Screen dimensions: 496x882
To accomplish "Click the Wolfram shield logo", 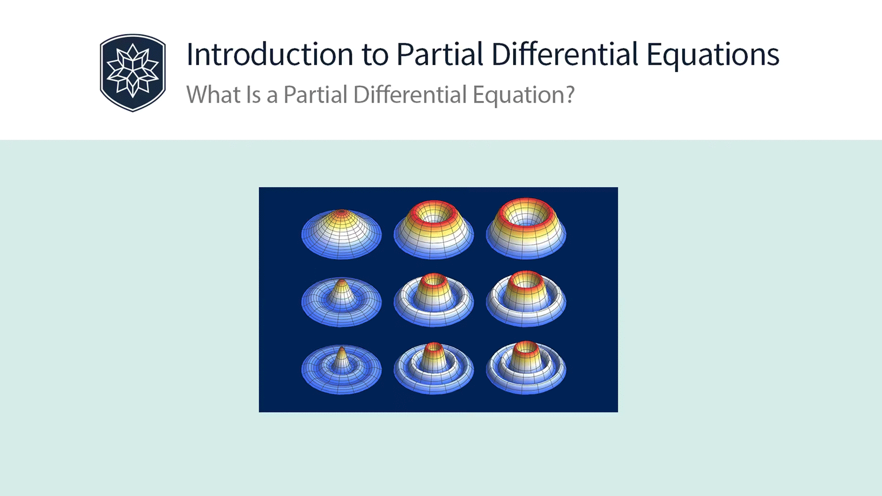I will (133, 73).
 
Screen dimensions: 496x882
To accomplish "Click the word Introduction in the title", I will (270, 55).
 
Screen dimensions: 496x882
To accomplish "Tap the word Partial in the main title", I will (439, 55).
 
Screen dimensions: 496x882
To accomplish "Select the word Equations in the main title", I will (712, 55).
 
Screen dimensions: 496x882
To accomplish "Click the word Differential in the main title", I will (565, 55).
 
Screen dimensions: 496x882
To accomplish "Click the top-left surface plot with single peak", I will (341, 234).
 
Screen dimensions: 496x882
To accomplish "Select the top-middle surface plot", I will (434, 232).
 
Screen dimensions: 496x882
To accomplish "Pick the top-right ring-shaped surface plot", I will (526, 232).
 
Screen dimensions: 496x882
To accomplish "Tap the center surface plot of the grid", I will (434, 301).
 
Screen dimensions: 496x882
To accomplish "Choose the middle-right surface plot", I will (526, 301).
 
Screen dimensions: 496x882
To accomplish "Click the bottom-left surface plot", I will (341, 370).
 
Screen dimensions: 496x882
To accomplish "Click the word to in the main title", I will (375, 55).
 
